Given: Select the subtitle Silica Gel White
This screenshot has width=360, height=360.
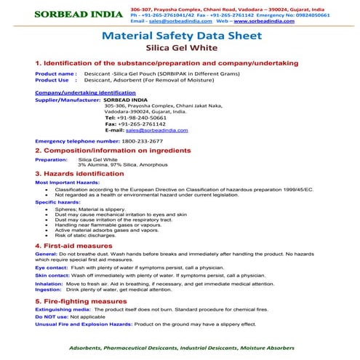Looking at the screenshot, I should (179, 48).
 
